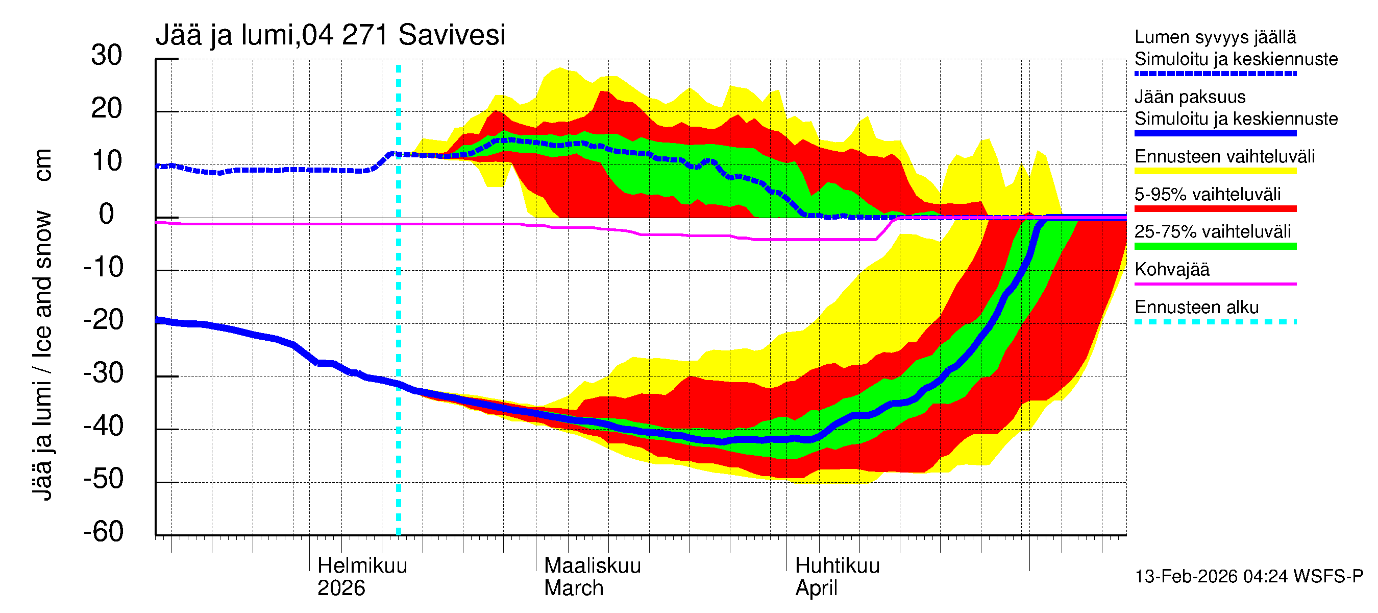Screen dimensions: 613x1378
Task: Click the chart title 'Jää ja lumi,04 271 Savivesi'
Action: [330, 35]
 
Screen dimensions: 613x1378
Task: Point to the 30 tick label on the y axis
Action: [107, 55]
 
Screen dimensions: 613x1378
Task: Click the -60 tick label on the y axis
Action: [103, 532]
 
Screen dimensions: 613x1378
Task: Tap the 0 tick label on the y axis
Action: [107, 214]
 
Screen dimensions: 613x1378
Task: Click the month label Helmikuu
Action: [362, 566]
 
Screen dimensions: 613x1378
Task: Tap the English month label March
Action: [574, 588]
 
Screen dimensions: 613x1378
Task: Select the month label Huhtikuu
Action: [837, 566]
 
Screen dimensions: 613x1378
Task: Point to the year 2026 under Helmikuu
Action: [341, 588]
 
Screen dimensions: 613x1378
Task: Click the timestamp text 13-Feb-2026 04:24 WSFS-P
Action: [1248, 577]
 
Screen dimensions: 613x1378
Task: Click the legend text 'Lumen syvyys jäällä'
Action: [1215, 37]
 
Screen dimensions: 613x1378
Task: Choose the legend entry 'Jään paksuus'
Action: [1190, 97]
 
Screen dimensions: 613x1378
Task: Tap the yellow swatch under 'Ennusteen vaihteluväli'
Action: [1215, 171]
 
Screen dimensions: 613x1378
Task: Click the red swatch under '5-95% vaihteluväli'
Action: [1215, 209]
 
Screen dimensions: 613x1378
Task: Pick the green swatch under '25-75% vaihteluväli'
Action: [1215, 246]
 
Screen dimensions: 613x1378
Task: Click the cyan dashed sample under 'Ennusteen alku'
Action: [1215, 322]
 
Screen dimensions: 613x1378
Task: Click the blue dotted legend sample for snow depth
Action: [1215, 74]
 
